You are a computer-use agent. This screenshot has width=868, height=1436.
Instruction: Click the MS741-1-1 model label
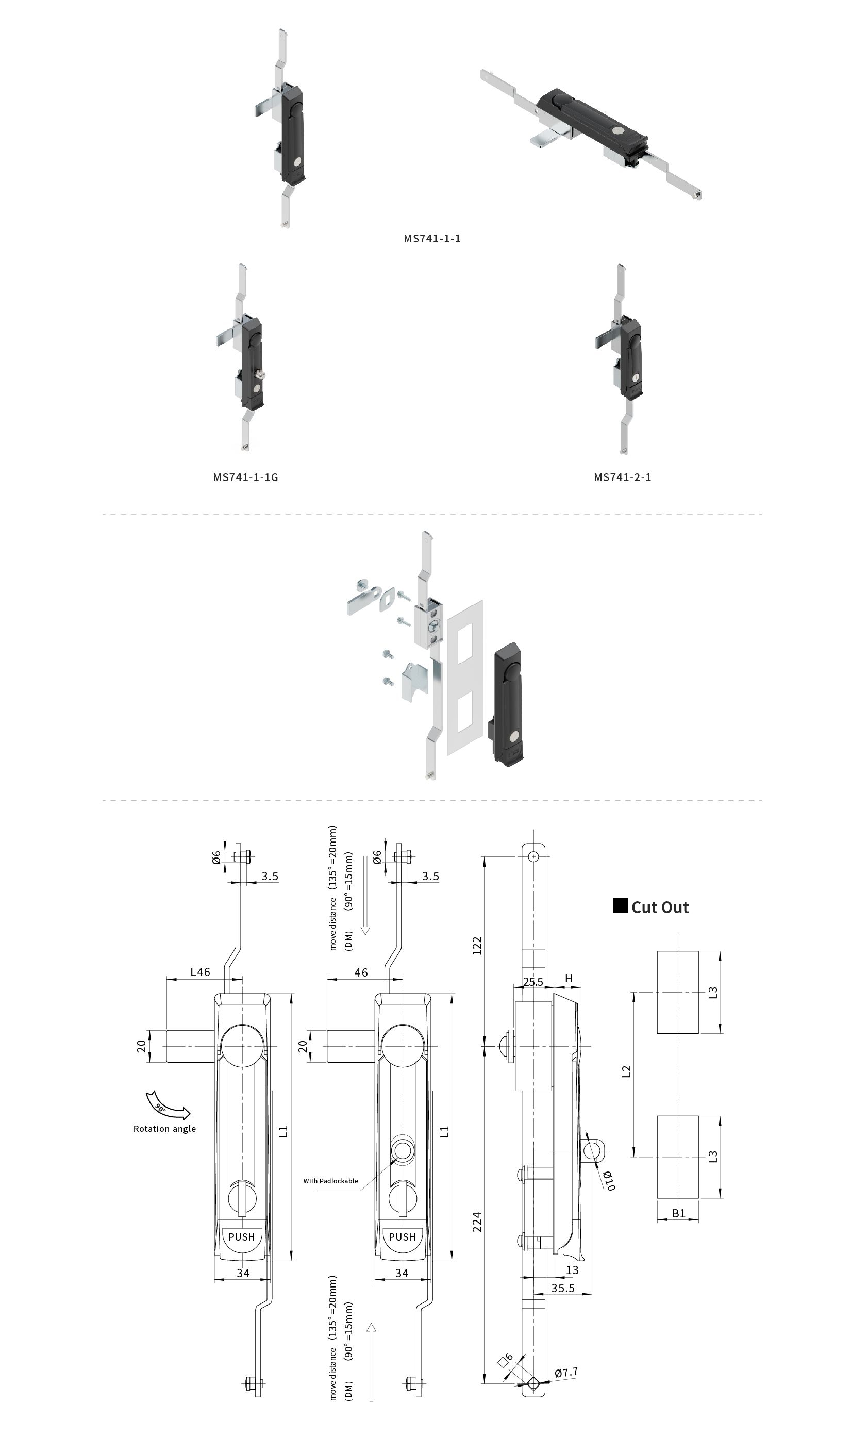(x=432, y=238)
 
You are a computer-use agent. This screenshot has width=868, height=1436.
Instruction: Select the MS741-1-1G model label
(x=245, y=477)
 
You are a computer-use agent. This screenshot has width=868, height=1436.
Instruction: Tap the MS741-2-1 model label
(x=623, y=477)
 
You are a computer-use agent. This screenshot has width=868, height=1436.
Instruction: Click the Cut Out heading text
(x=660, y=907)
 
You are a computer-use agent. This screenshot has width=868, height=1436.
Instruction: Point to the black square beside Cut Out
(x=621, y=906)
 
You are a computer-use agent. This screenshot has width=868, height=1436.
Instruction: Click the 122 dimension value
(x=477, y=945)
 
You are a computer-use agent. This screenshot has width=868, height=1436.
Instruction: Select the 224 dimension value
(x=477, y=1222)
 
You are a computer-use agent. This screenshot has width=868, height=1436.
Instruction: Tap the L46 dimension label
(x=201, y=972)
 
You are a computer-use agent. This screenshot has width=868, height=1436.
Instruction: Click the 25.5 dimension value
(x=533, y=982)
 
